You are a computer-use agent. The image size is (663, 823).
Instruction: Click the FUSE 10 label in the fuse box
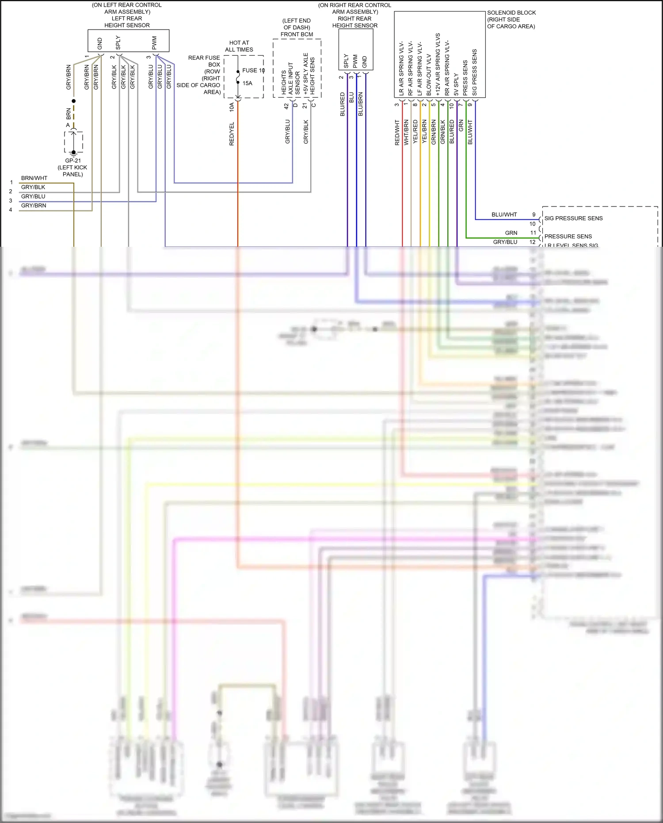tap(253, 70)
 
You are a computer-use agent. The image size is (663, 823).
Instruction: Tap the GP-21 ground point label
tap(73, 161)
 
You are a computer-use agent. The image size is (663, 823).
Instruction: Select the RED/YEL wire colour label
tap(232, 134)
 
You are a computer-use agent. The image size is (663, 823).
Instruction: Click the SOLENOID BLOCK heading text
tap(511, 13)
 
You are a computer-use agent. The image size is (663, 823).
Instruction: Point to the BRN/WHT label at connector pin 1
tap(34, 178)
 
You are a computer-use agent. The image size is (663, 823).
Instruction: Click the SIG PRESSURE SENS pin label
tap(573, 218)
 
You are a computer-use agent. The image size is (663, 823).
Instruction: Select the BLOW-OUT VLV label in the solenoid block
tap(429, 75)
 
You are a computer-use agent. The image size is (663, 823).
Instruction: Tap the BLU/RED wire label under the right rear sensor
tap(343, 104)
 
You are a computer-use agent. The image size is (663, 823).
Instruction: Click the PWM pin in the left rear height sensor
tap(154, 43)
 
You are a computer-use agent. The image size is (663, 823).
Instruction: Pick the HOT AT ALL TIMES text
tap(239, 46)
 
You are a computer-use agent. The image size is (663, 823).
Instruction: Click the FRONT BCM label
tap(297, 34)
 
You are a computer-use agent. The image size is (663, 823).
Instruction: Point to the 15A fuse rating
tap(247, 83)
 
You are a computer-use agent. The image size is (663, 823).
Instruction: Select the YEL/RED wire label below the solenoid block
tap(415, 131)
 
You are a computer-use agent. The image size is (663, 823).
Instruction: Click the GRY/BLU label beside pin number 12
tap(505, 242)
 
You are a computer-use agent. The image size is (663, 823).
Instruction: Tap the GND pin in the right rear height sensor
tap(365, 62)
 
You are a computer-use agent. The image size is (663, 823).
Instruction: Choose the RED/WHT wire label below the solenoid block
tap(397, 133)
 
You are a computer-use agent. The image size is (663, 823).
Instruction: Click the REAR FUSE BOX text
tap(205, 61)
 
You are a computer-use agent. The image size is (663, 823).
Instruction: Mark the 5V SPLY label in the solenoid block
tap(456, 84)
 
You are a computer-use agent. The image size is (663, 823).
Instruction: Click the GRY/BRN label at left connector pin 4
tap(34, 206)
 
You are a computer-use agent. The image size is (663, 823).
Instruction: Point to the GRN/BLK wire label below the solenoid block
tap(442, 131)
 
